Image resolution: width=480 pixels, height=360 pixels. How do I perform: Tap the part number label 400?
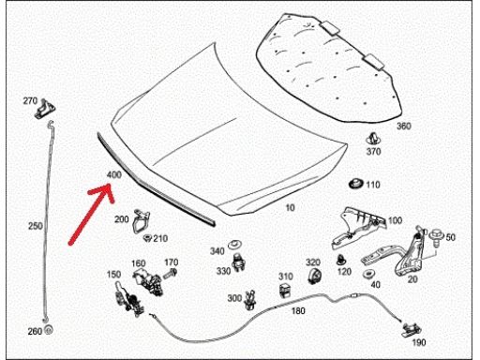tap(114, 174)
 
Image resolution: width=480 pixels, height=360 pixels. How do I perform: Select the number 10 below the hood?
tap(291, 207)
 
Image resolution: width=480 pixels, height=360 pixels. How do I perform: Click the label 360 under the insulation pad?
tap(404, 127)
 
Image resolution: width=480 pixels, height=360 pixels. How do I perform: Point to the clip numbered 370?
tap(372, 139)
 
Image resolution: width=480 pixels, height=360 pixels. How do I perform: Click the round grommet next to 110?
tap(356, 184)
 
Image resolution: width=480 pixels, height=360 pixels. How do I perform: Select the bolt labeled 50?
tap(436, 236)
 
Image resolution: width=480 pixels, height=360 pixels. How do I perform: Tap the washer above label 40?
tap(368, 274)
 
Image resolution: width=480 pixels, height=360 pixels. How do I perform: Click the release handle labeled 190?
tap(411, 329)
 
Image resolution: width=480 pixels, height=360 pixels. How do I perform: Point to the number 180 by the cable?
tap(298, 311)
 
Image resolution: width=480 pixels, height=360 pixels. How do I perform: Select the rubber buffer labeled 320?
tap(315, 276)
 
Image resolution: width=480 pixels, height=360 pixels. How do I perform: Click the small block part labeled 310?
tap(285, 290)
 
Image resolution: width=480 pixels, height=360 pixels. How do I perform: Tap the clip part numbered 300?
tap(250, 301)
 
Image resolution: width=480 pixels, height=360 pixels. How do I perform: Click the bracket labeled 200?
tap(141, 221)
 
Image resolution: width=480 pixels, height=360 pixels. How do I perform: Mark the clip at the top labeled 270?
tap(45, 109)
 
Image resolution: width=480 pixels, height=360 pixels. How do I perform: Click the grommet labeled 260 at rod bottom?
tap(49, 330)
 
